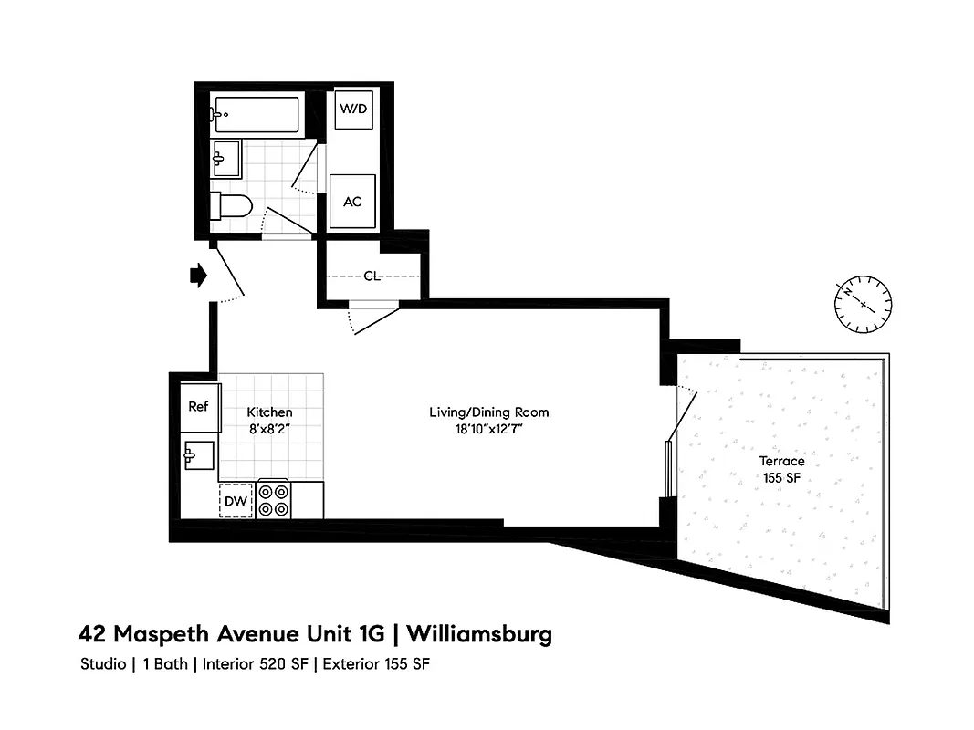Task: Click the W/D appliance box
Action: coord(353,109)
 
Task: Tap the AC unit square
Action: coord(352,201)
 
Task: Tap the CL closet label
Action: coord(372,276)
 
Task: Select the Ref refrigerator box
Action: coord(198,407)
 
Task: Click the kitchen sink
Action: coord(198,454)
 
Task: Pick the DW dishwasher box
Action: coord(236,500)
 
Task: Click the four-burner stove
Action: coord(274,500)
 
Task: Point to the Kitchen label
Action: coord(269,413)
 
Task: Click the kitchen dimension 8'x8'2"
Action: coord(269,428)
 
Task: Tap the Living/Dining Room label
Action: coord(489,412)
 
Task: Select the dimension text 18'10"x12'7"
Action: coord(489,428)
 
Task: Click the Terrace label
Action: coord(783,462)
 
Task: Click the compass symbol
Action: coord(863,304)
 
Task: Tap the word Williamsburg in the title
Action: coord(479,633)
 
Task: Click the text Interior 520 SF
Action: coord(257,664)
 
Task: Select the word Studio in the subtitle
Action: coord(103,664)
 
